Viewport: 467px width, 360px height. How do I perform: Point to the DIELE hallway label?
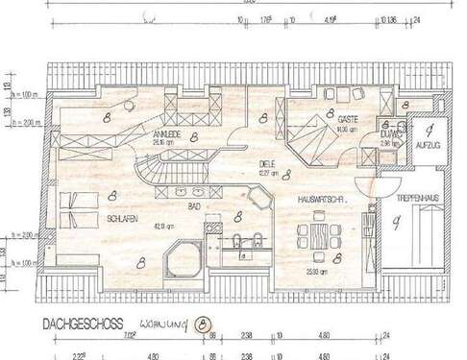pyautogui.click(x=266, y=163)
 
